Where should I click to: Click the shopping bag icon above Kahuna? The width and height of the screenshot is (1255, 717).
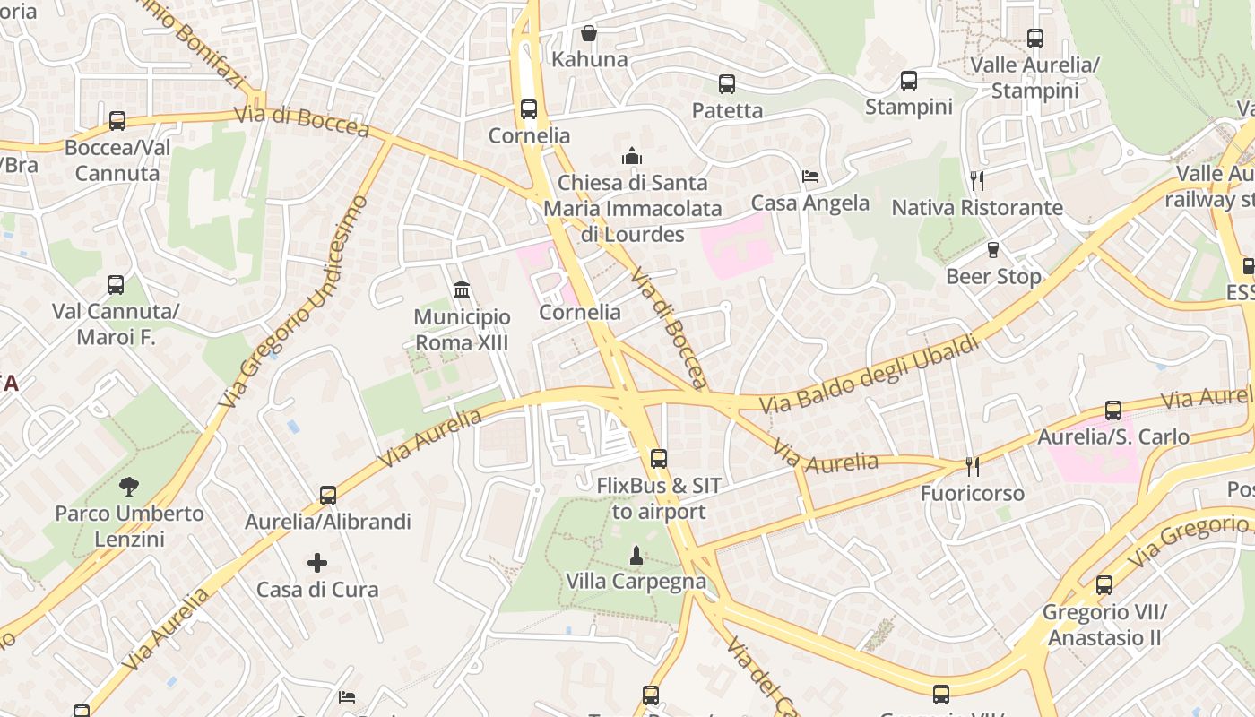point(589,33)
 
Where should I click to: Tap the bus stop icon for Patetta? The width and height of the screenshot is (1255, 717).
point(727,84)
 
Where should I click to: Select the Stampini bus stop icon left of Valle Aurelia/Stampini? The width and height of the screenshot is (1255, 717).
point(909,81)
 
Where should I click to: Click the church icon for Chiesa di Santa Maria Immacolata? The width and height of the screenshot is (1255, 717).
point(632,156)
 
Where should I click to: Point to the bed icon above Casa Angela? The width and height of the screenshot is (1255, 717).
point(810,177)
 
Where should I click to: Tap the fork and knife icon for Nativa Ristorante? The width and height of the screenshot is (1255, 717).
point(977,181)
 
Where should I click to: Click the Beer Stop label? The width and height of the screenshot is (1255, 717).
point(993,276)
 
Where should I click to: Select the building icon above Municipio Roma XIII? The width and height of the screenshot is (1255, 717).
point(462,289)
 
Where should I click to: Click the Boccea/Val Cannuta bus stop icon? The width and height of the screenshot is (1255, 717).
point(117,121)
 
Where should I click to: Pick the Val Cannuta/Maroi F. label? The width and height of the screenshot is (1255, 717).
point(116,324)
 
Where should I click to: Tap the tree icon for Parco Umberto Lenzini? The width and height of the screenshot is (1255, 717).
point(129,487)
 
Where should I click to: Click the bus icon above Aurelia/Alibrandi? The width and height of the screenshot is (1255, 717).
point(328,495)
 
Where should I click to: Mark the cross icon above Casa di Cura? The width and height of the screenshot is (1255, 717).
point(317,563)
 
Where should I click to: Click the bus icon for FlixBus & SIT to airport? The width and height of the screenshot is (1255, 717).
point(659,459)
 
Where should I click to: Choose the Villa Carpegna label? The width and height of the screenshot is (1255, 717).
point(636,582)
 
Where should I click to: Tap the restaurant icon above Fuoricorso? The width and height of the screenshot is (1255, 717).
point(972,467)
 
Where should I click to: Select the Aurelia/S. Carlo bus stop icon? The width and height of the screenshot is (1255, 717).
point(1113,410)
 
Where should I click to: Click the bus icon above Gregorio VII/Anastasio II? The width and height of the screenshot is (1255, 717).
point(1104,585)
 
